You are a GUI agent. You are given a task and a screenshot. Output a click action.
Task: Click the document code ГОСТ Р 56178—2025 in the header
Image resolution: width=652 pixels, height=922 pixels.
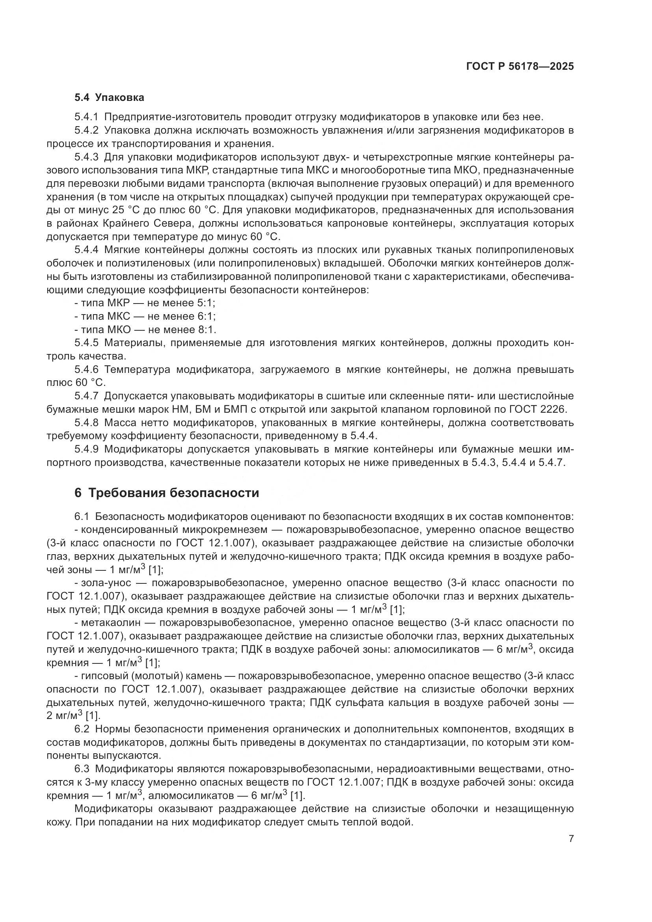coord(520,67)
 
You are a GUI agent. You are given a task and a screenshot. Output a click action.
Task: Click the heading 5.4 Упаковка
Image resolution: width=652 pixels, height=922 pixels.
coord(109,98)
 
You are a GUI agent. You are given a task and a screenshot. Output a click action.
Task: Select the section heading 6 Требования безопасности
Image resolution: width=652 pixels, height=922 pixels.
coord(167,493)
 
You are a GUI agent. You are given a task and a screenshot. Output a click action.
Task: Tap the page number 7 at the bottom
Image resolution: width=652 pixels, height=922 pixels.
coord(571,839)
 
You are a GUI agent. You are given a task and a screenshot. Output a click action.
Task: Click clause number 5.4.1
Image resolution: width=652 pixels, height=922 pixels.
coord(86,117)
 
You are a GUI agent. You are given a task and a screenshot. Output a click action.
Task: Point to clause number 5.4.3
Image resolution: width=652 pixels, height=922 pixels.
coord(86,157)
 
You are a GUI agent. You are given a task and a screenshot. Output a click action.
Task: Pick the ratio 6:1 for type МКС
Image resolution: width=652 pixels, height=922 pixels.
coord(206,317)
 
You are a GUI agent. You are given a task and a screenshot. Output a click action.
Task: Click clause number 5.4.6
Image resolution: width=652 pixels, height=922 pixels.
coord(86,369)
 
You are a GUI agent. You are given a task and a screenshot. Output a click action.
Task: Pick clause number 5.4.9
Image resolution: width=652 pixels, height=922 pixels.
coord(86,449)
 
